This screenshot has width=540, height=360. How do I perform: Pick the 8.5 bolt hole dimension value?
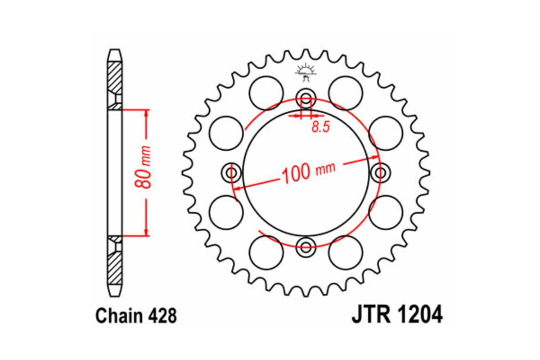[x=320, y=127]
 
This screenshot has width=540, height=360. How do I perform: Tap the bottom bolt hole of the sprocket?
[x=306, y=246]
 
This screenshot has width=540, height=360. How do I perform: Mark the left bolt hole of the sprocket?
[x=232, y=172]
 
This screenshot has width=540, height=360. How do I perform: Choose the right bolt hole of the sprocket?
[x=380, y=172]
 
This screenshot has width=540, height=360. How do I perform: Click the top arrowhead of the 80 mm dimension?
[x=146, y=113]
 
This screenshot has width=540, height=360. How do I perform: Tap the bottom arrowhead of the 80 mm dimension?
[x=146, y=232]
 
